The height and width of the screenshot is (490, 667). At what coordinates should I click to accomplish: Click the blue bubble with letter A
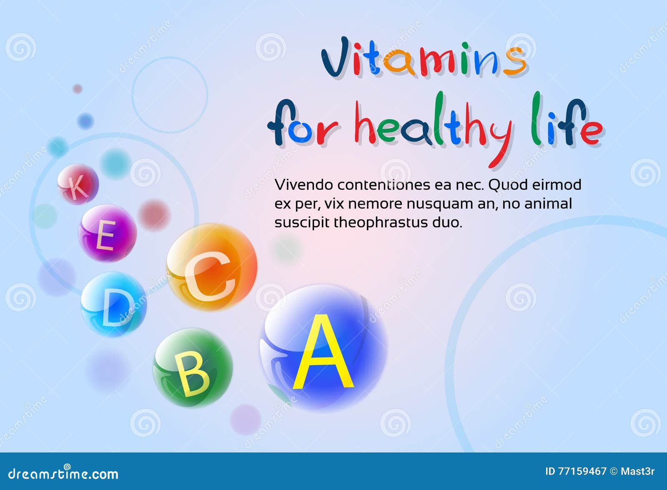pos(323,349)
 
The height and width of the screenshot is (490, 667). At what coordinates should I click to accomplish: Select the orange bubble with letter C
pos(212,267)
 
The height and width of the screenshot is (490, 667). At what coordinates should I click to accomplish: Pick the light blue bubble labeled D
pos(113,304)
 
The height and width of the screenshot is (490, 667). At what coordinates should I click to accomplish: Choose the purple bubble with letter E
pos(108,233)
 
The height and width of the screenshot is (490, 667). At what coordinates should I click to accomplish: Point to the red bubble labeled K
pos(78,184)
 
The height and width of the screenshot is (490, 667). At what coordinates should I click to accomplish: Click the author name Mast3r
pos(637,472)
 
